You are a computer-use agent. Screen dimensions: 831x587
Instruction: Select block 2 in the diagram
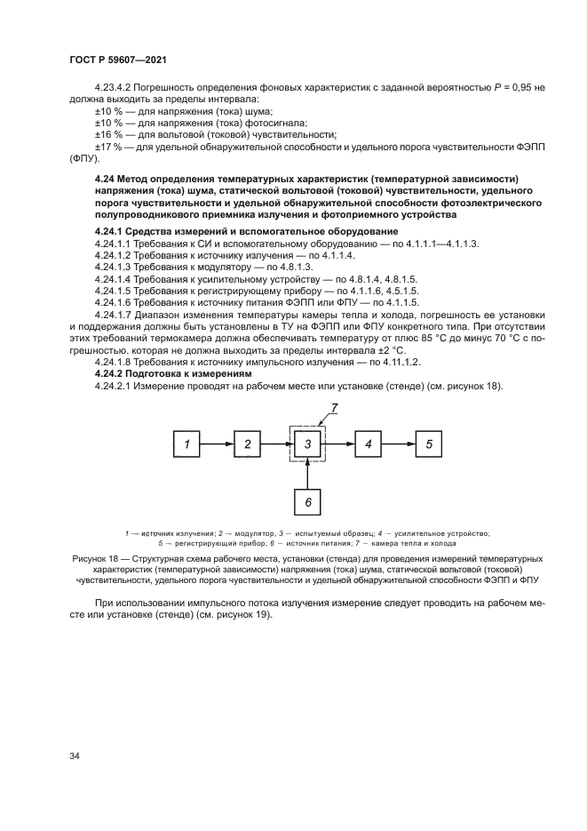[248, 443]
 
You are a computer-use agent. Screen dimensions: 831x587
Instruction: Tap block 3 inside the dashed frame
[307, 443]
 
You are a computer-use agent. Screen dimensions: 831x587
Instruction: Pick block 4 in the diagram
[368, 443]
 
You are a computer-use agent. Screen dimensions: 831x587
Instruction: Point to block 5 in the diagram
[429, 443]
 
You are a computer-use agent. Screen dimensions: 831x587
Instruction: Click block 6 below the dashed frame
[307, 502]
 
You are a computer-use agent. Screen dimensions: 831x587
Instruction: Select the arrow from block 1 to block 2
[217, 443]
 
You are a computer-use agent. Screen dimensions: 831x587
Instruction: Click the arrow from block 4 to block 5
[398, 443]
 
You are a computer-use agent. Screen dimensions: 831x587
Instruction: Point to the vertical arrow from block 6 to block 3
[307, 473]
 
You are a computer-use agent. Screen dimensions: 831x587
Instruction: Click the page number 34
[75, 755]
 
